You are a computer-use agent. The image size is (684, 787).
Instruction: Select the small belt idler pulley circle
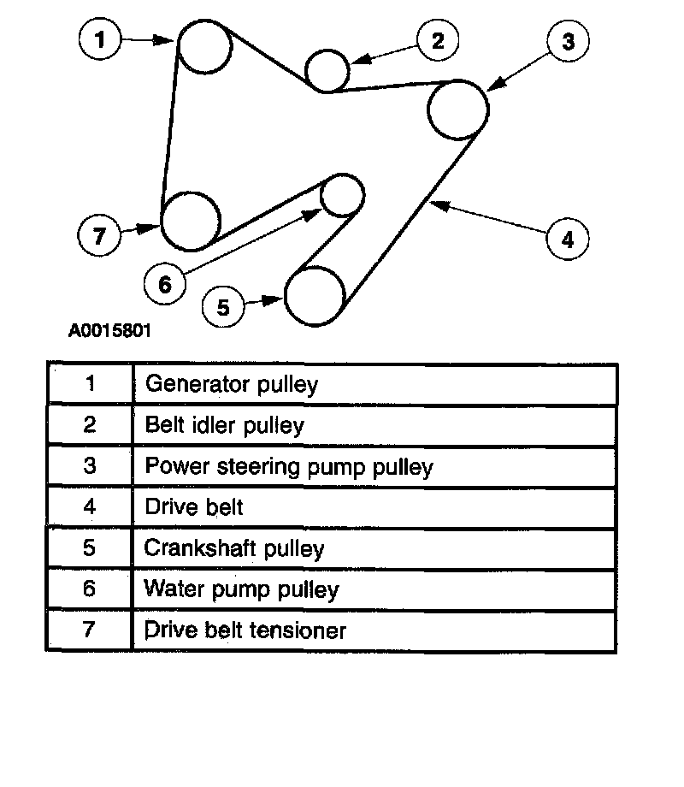(327, 69)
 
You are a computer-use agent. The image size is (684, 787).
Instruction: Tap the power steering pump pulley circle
(458, 109)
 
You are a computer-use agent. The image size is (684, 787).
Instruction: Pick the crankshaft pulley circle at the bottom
(315, 296)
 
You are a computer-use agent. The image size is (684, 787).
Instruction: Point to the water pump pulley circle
(342, 195)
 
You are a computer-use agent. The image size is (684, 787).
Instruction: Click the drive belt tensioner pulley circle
(191, 220)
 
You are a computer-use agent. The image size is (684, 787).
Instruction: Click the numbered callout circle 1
(102, 39)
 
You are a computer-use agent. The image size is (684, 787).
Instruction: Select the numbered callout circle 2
(438, 41)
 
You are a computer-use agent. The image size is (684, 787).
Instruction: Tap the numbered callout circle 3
(569, 41)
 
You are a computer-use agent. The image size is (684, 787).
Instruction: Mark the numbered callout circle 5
(223, 306)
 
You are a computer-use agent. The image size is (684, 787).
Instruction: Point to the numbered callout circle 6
(165, 283)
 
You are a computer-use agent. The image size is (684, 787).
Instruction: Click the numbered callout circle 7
(100, 235)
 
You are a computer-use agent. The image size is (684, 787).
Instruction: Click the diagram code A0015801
(111, 330)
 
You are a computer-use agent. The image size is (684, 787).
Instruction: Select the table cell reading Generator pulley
(232, 384)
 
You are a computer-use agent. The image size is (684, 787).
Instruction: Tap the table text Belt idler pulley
(225, 425)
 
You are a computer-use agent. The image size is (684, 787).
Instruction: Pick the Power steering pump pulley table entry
(289, 466)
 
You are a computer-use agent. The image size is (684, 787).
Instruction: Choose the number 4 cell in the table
(90, 506)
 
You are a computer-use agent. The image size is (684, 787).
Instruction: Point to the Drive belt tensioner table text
(245, 630)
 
